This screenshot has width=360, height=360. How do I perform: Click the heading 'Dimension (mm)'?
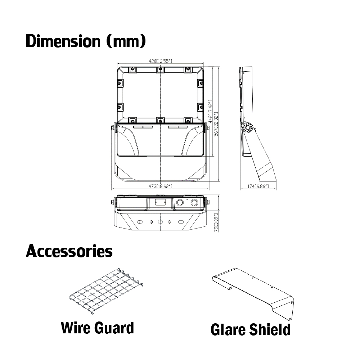[x=86, y=41]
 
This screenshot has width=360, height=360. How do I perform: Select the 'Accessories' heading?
[x=69, y=251]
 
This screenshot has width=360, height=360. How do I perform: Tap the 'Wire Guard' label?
[x=97, y=328]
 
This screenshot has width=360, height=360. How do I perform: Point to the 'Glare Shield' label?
[x=251, y=330]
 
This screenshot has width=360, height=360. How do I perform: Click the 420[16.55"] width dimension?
[x=160, y=61]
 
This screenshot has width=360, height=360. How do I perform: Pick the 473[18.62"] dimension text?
[x=161, y=186]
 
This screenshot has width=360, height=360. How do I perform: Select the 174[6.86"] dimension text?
[x=258, y=186]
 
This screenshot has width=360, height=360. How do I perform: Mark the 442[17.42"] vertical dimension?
[x=210, y=111]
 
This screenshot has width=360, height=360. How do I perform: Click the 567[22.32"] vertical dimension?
[x=216, y=124]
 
